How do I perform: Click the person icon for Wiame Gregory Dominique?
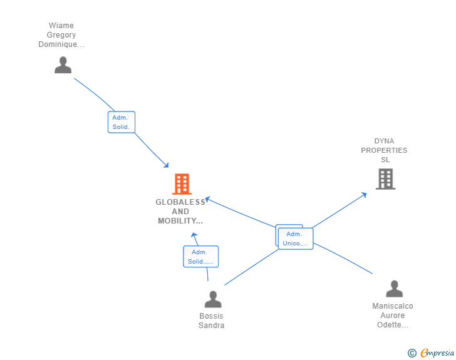63,65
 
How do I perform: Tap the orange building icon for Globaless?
182,184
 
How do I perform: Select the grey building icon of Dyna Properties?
385,179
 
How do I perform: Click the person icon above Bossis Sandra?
213,299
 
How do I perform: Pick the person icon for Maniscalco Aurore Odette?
394,289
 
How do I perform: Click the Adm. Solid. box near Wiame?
121,122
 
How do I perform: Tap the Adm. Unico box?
295,239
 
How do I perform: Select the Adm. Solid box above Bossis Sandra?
200,257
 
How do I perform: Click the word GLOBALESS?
180,202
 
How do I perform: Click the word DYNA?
384,141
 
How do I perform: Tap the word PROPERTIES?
384,150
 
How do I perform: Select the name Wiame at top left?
61,26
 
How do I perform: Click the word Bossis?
211,316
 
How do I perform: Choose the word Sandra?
211,326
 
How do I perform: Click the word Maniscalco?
393,306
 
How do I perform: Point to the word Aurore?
393,316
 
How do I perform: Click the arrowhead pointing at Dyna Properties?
365,195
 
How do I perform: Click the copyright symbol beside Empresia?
412,353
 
